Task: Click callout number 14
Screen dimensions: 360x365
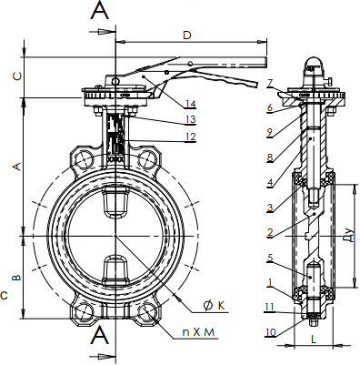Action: (x=191, y=104)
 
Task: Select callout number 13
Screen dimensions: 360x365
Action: (x=191, y=119)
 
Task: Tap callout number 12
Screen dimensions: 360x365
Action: (x=191, y=137)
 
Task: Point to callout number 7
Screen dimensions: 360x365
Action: (x=270, y=83)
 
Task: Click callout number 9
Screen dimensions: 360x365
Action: (x=270, y=132)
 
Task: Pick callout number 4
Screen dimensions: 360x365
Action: (x=270, y=182)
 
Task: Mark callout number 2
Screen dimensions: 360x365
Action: (x=270, y=233)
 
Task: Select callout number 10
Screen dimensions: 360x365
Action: (x=271, y=332)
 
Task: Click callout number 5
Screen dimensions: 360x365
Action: (x=270, y=258)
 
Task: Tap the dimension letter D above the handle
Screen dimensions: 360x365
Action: (x=187, y=35)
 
